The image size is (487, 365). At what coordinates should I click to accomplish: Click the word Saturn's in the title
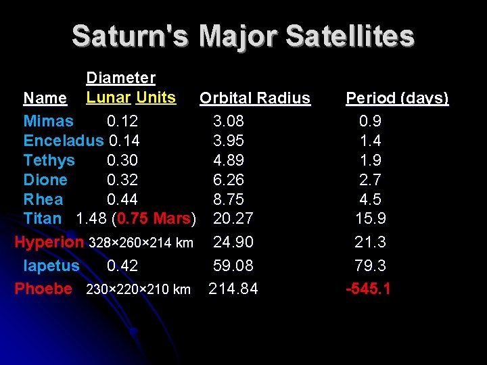pos(131,35)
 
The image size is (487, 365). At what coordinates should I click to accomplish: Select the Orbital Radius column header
pos(255,99)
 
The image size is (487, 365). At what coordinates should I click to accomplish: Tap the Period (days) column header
pos(397,99)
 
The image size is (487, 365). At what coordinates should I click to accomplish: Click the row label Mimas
pos(48,122)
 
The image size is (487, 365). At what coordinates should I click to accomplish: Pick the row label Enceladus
pos(64,141)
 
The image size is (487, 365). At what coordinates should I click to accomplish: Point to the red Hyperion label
pos(49,242)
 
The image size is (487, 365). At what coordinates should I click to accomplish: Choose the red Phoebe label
pos(43,289)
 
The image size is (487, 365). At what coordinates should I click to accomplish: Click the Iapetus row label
pos(51,266)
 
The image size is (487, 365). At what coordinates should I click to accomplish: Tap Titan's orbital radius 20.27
pos(233,218)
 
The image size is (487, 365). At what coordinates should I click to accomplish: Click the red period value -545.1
pos(369,289)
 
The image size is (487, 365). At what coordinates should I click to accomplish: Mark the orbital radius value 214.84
pos(233,289)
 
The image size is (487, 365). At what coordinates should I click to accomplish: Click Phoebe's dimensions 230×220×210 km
pos(139,289)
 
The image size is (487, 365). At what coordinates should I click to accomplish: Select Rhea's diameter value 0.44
pos(122,199)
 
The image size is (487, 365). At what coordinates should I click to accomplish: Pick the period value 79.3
pos(369,266)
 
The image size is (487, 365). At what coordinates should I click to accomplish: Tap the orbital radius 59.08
pos(233,266)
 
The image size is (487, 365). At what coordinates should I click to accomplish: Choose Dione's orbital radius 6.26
pos(229,180)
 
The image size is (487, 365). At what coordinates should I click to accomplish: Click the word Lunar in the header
pos(108,97)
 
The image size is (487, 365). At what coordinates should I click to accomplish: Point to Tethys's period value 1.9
pos(370,160)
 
